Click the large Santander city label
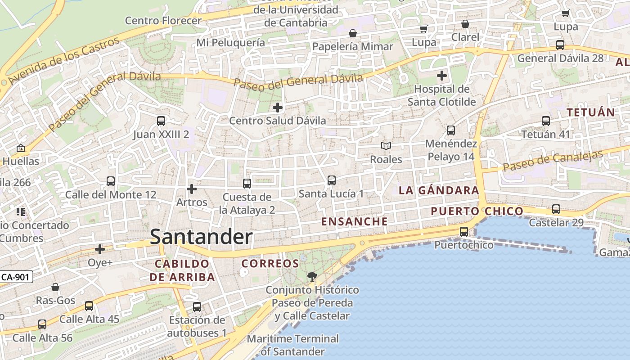(x=201, y=237)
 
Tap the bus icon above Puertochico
(x=463, y=232)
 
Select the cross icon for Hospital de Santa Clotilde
(x=442, y=75)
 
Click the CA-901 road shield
(x=16, y=277)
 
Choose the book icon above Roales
(x=386, y=146)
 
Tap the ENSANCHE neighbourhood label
(x=355, y=221)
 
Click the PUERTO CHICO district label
(x=477, y=211)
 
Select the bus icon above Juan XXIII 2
(x=161, y=121)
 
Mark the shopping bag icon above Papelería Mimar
(x=353, y=33)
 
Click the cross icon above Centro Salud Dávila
(x=278, y=108)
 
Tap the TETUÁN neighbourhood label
(x=591, y=112)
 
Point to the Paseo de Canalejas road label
(x=553, y=161)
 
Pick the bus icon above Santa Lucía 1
(x=332, y=180)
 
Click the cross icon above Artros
(x=192, y=189)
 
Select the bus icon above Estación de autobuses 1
(x=197, y=307)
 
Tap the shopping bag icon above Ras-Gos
(x=55, y=287)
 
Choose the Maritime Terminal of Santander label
(x=293, y=345)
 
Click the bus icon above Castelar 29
(x=556, y=209)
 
